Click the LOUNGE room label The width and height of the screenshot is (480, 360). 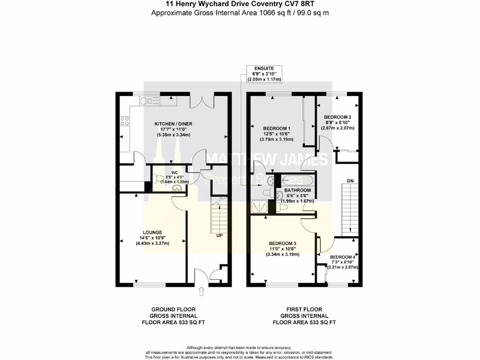click(x=152, y=232)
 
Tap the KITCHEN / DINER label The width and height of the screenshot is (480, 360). click(x=173, y=124)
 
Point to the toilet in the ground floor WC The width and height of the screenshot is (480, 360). click(x=157, y=178)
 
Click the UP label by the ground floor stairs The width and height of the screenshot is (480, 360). click(x=219, y=235)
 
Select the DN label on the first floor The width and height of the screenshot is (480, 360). click(x=350, y=180)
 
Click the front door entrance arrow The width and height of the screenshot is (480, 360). click(x=202, y=292)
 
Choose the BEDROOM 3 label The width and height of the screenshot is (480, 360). click(x=282, y=243)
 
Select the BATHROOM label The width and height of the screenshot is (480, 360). click(x=297, y=190)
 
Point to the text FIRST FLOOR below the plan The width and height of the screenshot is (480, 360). click(x=304, y=309)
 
